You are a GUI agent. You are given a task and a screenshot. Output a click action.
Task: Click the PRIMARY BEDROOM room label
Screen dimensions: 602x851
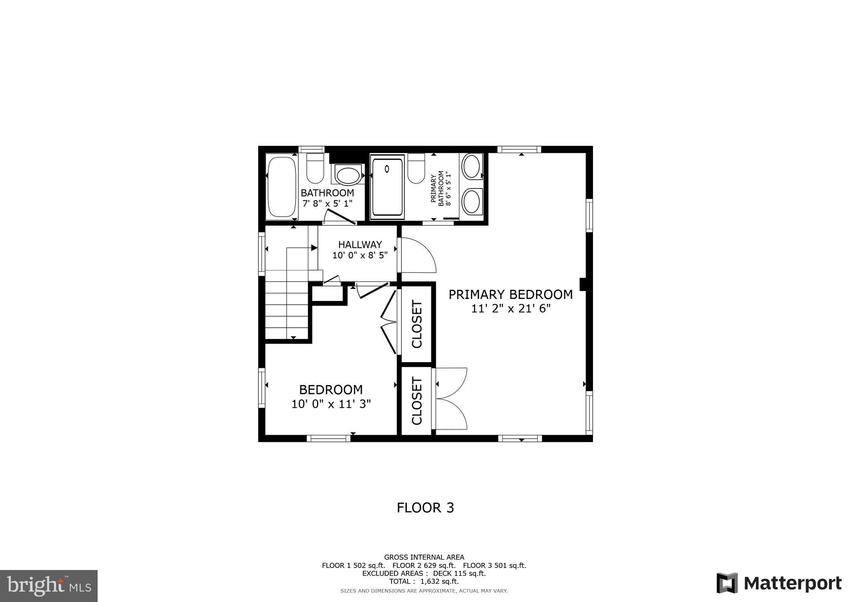pos(510,295)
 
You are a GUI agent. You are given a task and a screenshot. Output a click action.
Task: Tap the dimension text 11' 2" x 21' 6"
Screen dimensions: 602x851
pos(510,309)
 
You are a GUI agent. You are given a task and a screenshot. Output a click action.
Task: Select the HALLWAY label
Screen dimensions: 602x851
pos(360,244)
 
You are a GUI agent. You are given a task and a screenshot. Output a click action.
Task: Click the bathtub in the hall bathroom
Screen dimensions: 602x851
pos(282,187)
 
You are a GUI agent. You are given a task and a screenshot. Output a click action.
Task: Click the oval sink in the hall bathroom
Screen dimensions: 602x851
pos(348,175)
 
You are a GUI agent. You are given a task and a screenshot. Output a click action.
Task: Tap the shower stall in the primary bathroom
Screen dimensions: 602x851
pos(387,187)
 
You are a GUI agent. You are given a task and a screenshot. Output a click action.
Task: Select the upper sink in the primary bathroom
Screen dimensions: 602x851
pos(472,166)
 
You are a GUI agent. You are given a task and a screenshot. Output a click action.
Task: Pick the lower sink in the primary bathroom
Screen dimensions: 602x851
pos(472,201)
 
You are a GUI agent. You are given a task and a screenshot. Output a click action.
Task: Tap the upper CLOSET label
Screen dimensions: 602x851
pos(417,324)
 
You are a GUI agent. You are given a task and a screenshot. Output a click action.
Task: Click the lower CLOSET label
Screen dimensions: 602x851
pos(417,401)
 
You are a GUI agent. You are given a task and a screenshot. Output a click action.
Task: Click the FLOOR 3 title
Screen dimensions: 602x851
pos(425,508)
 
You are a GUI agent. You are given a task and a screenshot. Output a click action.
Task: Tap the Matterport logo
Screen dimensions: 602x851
pos(779,583)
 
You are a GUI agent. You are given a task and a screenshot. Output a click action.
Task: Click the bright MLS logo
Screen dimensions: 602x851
pos(49,586)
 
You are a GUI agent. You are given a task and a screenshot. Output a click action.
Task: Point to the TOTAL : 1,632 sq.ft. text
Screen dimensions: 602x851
pos(424,582)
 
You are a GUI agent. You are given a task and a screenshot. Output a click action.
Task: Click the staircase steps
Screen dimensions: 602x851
pos(287,310)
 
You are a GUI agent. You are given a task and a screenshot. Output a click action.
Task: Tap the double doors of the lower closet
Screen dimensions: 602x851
pos(451,399)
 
